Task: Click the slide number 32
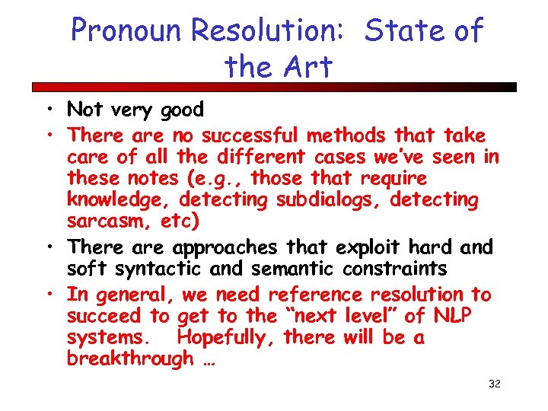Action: point(494,384)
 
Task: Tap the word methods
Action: point(346,135)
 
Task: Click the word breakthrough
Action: point(130,358)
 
